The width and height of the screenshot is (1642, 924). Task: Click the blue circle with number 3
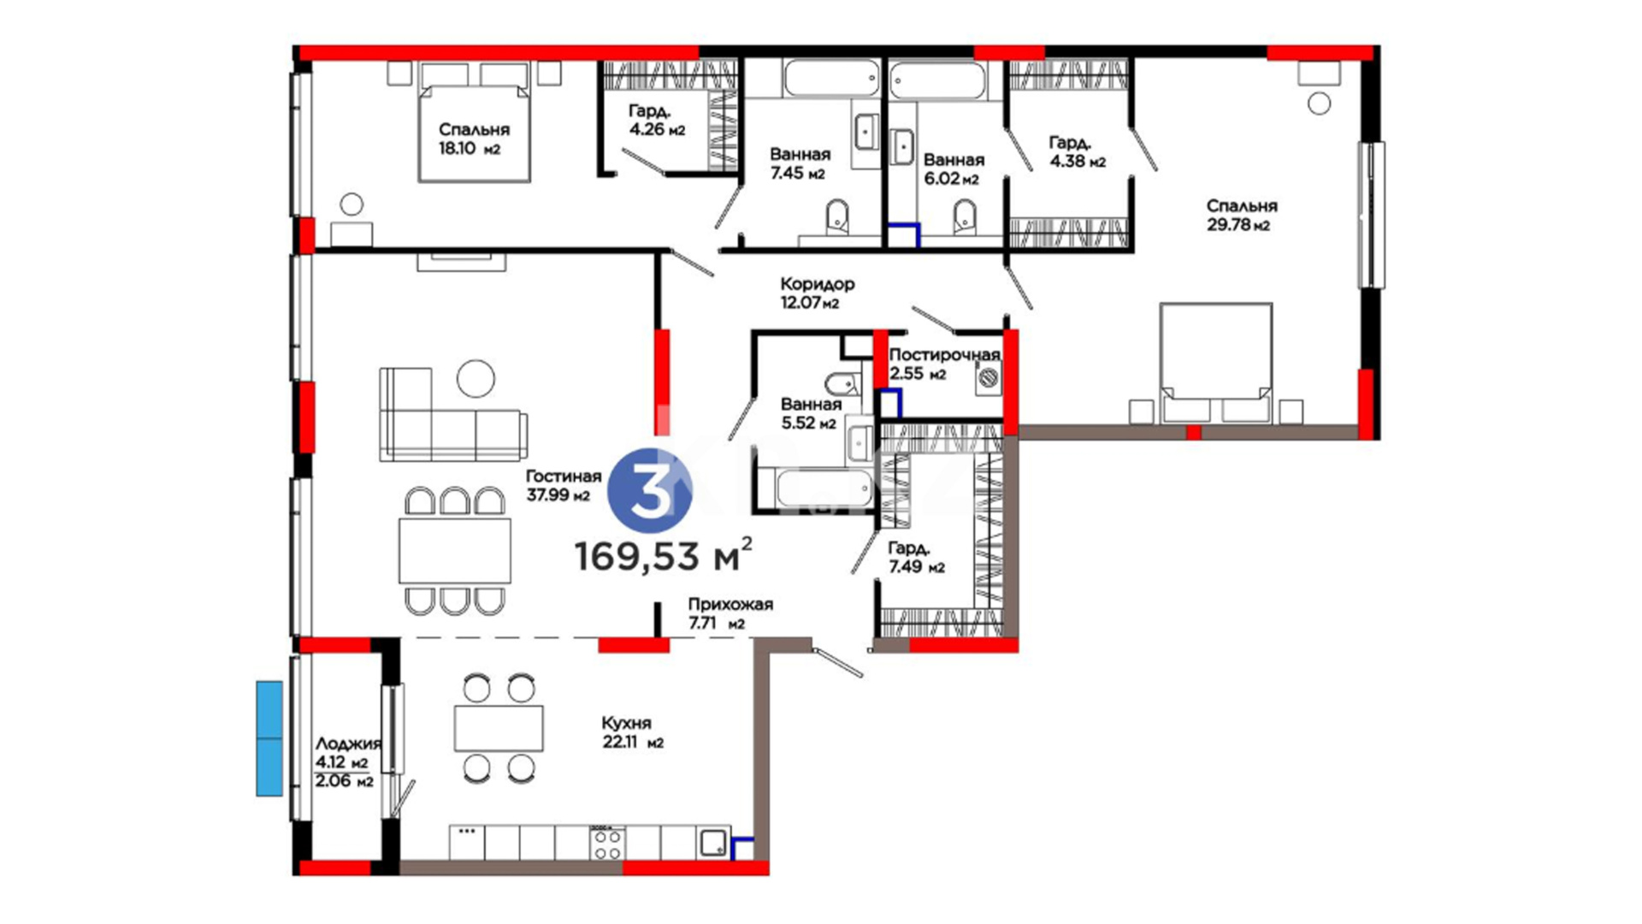tap(650, 491)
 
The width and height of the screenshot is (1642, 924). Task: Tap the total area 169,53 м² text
tap(664, 555)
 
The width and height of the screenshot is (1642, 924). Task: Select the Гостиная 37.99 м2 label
tap(563, 485)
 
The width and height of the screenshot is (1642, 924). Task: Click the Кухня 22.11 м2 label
tap(633, 732)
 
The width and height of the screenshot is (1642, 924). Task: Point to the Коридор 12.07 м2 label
tap(817, 293)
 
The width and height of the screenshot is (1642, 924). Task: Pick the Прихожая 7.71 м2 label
tap(729, 613)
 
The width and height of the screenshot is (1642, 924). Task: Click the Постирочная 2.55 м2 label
tap(944, 364)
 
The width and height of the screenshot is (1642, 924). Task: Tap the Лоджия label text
tap(348, 743)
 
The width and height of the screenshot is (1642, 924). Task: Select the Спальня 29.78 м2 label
tap(1241, 215)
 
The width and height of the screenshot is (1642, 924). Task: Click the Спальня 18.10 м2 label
tap(474, 139)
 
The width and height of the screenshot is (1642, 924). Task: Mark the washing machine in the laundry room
tap(989, 377)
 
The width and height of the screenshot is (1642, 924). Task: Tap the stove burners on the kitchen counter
tap(607, 843)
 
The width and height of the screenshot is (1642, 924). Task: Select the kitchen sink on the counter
tap(713, 844)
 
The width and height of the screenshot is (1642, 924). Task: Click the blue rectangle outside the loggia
tap(269, 738)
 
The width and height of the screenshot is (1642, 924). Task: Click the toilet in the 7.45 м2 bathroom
tap(838, 217)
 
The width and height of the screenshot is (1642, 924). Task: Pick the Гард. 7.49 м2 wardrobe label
tap(916, 557)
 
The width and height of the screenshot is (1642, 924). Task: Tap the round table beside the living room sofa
tap(475, 378)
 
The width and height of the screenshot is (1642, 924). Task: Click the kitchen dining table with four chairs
tap(499, 728)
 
